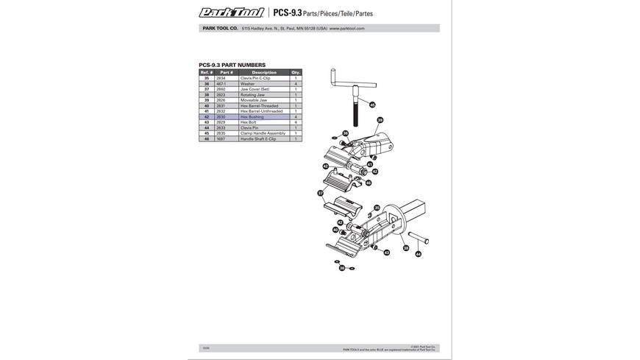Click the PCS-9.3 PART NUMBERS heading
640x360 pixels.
232,65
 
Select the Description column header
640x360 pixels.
263,72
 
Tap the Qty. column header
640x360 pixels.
296,72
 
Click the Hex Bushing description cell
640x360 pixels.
252,117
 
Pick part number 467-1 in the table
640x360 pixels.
221,84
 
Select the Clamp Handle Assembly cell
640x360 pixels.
263,133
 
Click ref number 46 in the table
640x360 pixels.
207,138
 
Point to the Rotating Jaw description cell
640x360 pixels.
252,95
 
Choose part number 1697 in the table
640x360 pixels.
220,138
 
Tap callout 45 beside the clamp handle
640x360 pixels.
372,105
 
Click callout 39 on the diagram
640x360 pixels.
380,120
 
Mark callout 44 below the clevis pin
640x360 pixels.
419,254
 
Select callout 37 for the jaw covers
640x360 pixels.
321,194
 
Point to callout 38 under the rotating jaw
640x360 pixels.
405,248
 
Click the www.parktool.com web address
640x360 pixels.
347,29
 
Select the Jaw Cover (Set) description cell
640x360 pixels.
255,89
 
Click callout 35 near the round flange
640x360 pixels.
377,208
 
